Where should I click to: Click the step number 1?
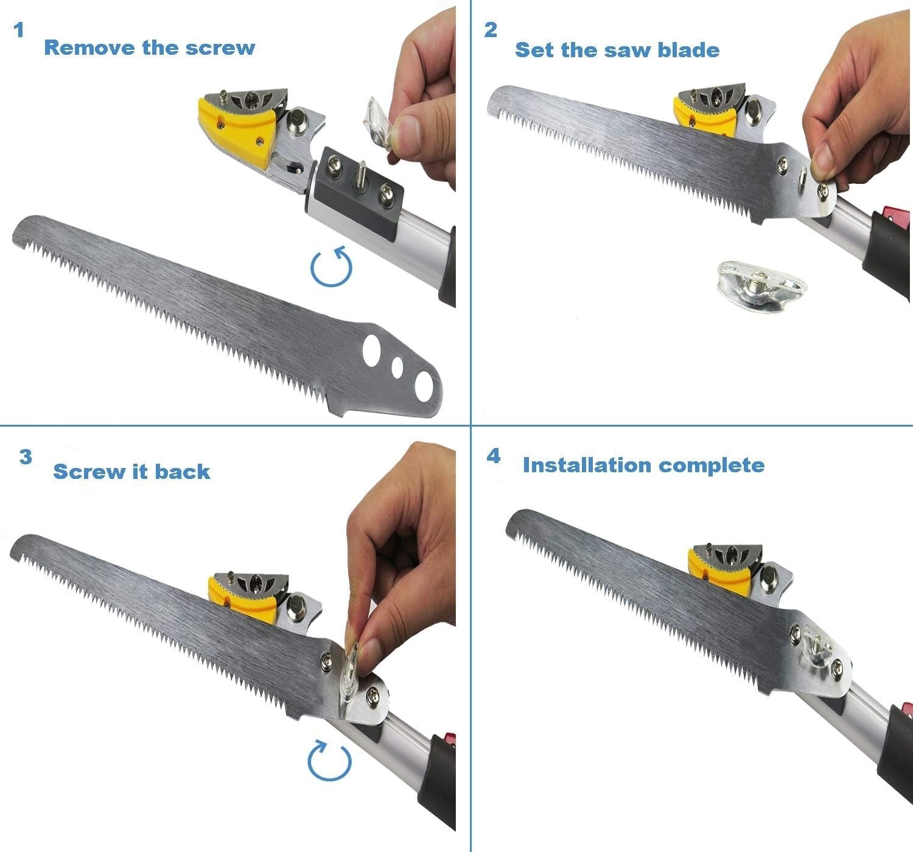point(19,30)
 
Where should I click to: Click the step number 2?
point(491,30)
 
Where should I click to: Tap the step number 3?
point(26,457)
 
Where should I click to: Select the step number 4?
point(493,456)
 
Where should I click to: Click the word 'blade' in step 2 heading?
point(688,50)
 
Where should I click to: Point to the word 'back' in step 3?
point(182,472)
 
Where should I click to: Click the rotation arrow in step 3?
point(329,760)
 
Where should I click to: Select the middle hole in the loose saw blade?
point(399,367)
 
